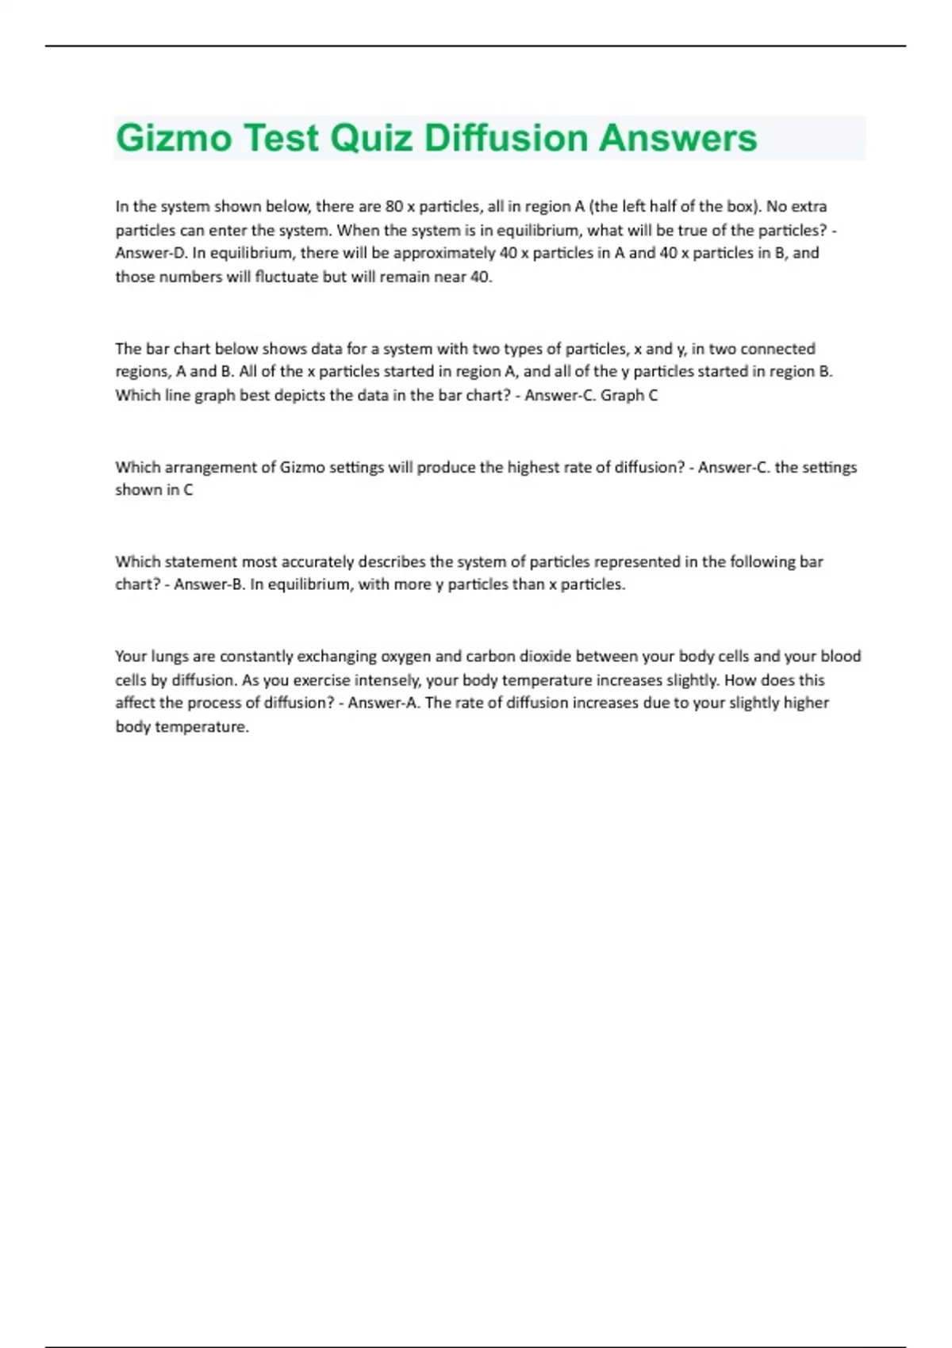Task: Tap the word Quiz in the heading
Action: click(370, 138)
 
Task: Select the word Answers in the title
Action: click(678, 138)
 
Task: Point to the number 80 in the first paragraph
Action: click(394, 207)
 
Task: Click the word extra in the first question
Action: click(808, 207)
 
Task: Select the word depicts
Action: click(301, 396)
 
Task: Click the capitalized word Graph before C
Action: click(622, 396)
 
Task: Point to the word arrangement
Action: click(207, 468)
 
